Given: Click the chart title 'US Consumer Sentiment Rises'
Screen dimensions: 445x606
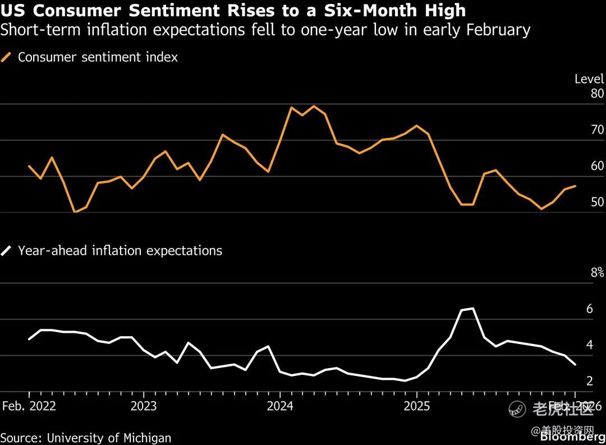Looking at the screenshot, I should click(233, 10).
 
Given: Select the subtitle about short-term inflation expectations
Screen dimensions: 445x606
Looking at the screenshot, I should click(265, 30).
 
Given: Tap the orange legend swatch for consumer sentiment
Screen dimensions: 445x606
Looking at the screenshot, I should click(7, 57).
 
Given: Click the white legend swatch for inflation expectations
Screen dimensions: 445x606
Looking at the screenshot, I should click(7, 251).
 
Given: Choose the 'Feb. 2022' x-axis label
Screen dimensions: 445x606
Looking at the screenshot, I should click(29, 406).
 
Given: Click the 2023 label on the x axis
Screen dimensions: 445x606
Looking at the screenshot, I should click(144, 406).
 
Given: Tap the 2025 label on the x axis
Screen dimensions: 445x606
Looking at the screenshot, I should click(417, 406).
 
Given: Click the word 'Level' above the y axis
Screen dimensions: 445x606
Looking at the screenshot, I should click(589, 79).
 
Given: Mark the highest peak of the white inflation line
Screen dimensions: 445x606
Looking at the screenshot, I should click(473, 308).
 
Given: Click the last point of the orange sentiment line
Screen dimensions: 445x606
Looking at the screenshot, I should click(575, 186).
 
